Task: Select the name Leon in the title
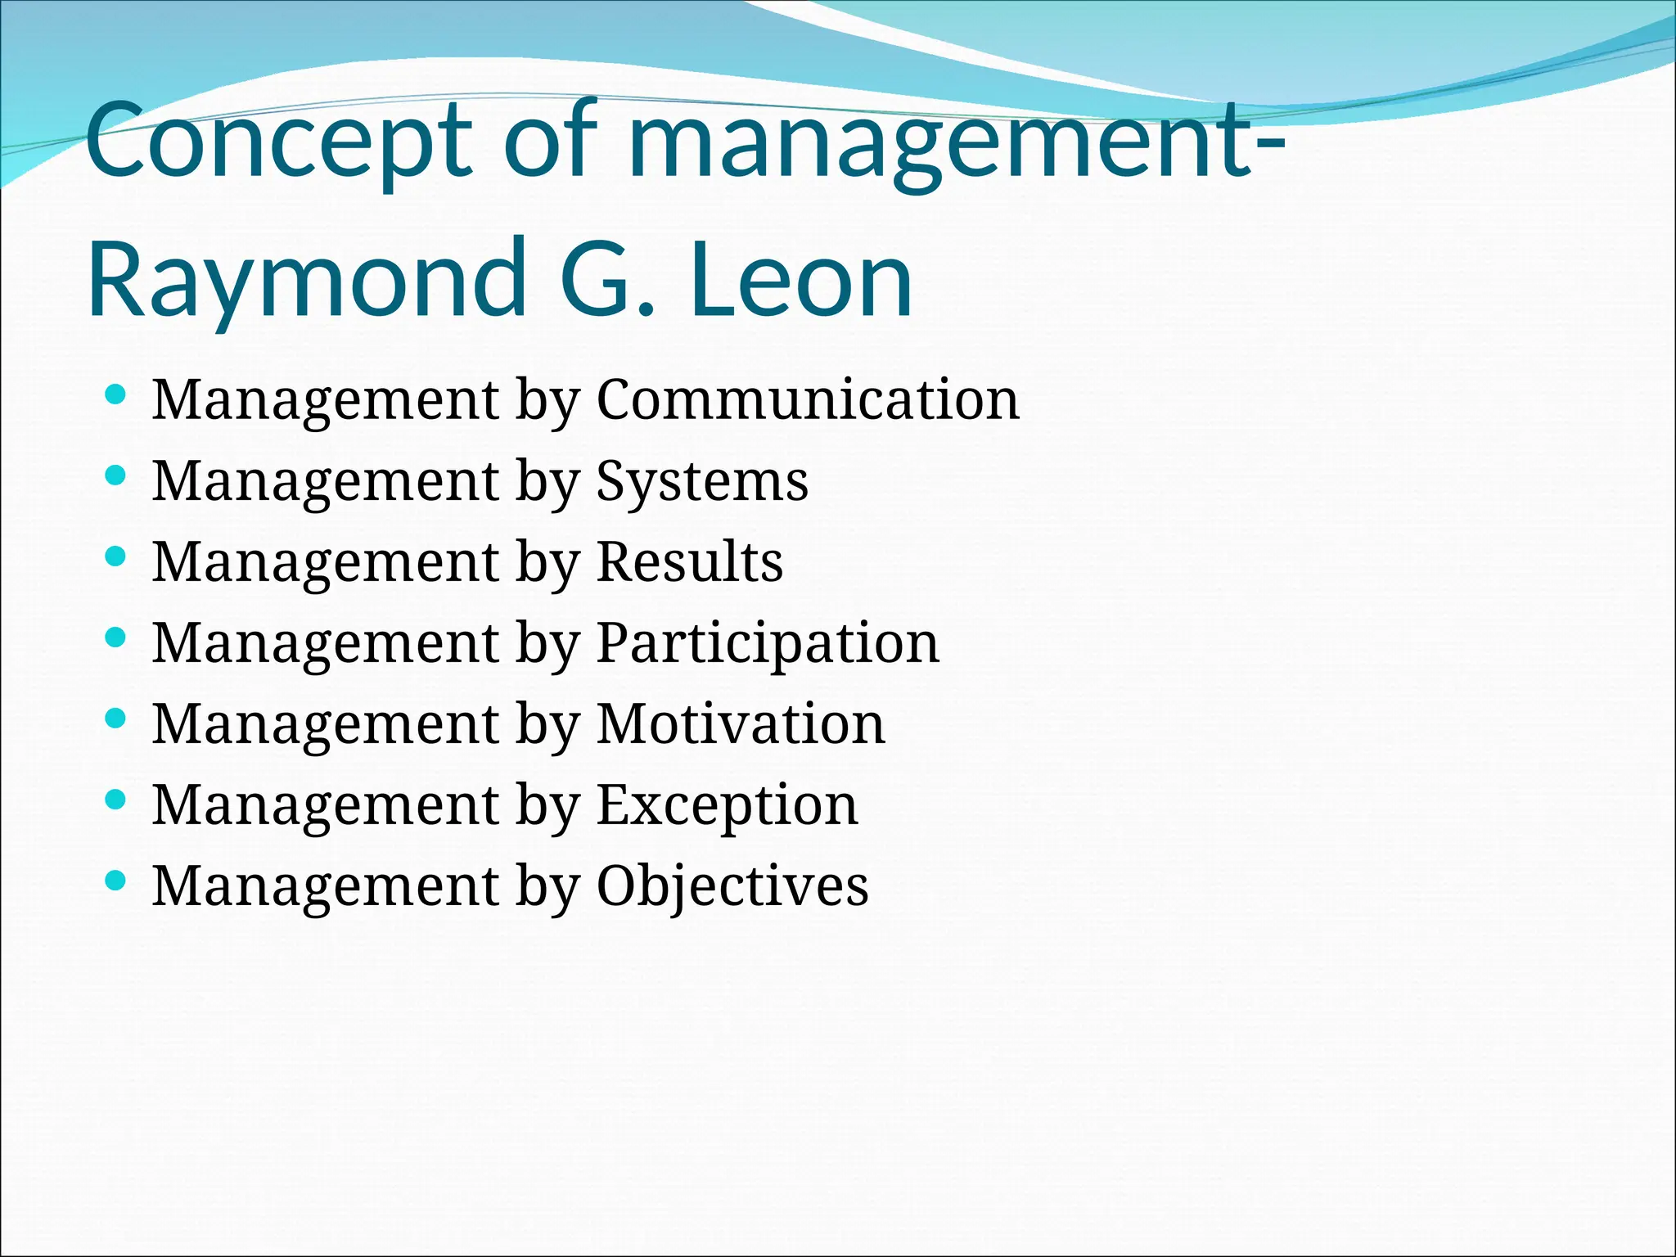pyautogui.click(x=802, y=278)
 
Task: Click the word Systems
pyautogui.click(x=702, y=483)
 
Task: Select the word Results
pyautogui.click(x=690, y=562)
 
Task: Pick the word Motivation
pyautogui.click(x=741, y=724)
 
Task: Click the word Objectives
pyautogui.click(x=732, y=887)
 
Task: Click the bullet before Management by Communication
pyautogui.click(x=116, y=396)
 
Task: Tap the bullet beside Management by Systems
pyautogui.click(x=116, y=476)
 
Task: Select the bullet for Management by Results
pyautogui.click(x=116, y=557)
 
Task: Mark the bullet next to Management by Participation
pyautogui.click(x=116, y=638)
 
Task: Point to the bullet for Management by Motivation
pyautogui.click(x=116, y=719)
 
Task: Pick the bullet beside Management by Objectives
pyautogui.click(x=116, y=881)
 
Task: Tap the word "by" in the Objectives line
pyautogui.click(x=547, y=889)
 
